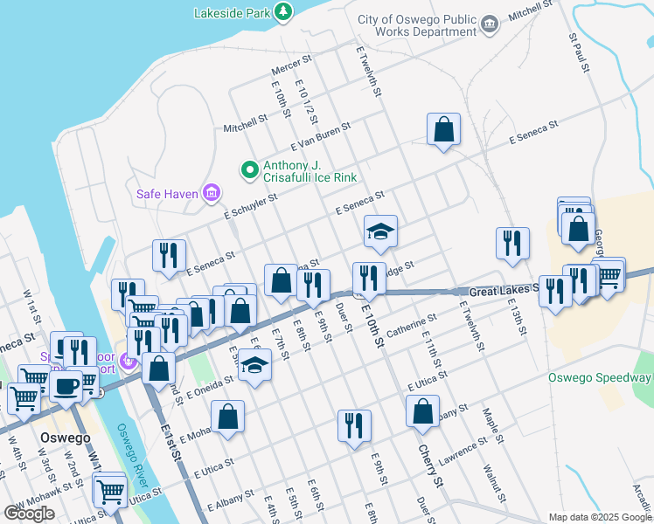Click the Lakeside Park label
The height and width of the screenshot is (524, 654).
(232, 13)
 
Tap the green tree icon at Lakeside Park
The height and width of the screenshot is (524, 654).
(282, 11)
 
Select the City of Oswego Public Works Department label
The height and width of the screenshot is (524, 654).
(417, 25)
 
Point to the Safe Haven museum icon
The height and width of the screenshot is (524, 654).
(211, 192)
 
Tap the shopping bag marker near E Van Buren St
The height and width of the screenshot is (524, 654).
(444, 129)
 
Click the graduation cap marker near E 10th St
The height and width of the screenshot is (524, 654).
(380, 231)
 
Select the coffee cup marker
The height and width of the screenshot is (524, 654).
(66, 385)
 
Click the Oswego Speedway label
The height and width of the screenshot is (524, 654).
(600, 378)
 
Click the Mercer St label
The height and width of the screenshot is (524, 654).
(291, 66)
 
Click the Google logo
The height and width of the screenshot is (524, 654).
(29, 514)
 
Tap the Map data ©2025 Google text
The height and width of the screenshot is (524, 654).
(599, 517)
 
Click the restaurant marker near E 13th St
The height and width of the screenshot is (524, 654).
(512, 244)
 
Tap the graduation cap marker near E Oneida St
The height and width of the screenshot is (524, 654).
(254, 364)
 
